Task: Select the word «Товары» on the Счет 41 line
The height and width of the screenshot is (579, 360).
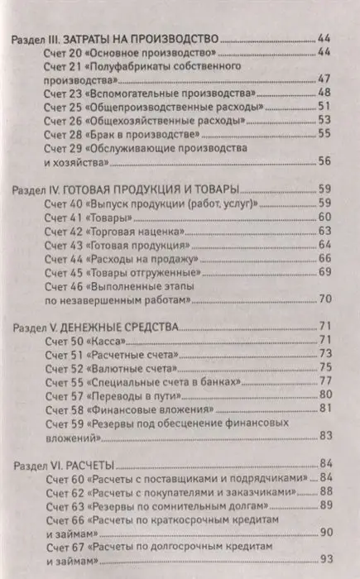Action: point(112,217)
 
